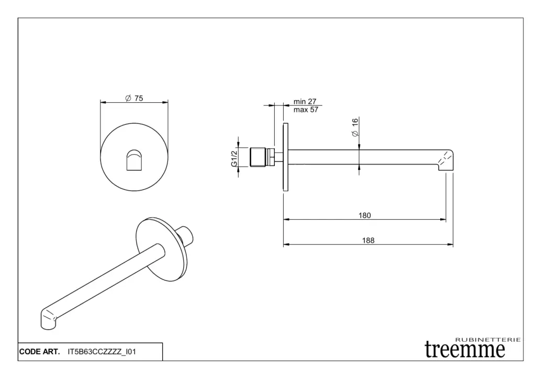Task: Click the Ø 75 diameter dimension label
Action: click(x=135, y=98)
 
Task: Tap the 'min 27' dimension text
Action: click(x=305, y=101)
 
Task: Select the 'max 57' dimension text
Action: click(x=306, y=110)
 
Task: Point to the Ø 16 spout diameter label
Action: click(x=355, y=127)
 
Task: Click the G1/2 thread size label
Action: click(x=234, y=159)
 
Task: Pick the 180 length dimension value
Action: click(x=364, y=215)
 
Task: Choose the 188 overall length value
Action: click(x=368, y=240)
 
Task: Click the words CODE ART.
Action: click(x=40, y=352)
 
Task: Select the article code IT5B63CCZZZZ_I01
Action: click(x=102, y=352)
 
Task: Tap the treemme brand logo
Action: click(x=465, y=350)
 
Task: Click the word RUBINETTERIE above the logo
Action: click(x=488, y=340)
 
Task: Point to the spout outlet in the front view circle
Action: click(x=134, y=159)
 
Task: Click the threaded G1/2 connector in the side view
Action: click(x=262, y=157)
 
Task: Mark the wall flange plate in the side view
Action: click(x=285, y=157)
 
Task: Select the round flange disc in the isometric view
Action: click(x=162, y=250)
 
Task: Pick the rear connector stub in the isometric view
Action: click(x=186, y=235)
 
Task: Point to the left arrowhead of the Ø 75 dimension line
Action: click(x=104, y=102)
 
